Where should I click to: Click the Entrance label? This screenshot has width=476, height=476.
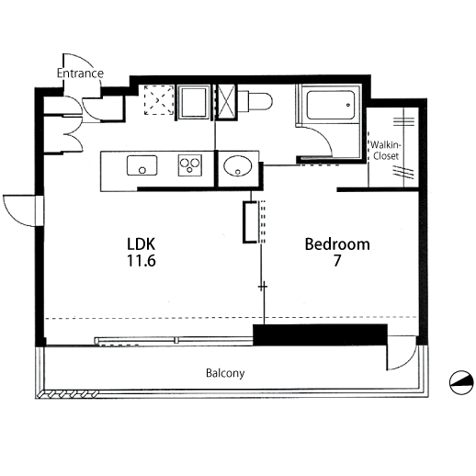point(80,74)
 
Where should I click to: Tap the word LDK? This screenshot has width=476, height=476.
point(141,244)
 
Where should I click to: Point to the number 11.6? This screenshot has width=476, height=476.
point(142,261)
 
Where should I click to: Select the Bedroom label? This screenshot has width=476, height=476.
point(337,244)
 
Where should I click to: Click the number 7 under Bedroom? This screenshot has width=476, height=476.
point(337,261)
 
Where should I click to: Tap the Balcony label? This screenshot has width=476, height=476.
point(225,373)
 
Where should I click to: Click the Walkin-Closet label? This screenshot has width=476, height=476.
point(386,150)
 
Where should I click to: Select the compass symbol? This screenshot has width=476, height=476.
point(461,382)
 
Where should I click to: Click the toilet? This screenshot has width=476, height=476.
point(255,101)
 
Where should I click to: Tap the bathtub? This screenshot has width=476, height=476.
point(331,105)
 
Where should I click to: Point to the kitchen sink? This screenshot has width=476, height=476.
point(142,165)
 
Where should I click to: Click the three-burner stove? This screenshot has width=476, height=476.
point(190,165)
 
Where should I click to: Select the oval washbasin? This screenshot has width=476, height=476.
point(238,166)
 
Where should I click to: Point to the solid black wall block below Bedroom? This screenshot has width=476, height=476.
point(320,334)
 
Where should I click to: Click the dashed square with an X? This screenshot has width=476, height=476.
point(159,100)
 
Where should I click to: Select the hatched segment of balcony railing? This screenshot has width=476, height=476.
point(67,393)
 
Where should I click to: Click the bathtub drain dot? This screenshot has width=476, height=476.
point(348,105)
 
